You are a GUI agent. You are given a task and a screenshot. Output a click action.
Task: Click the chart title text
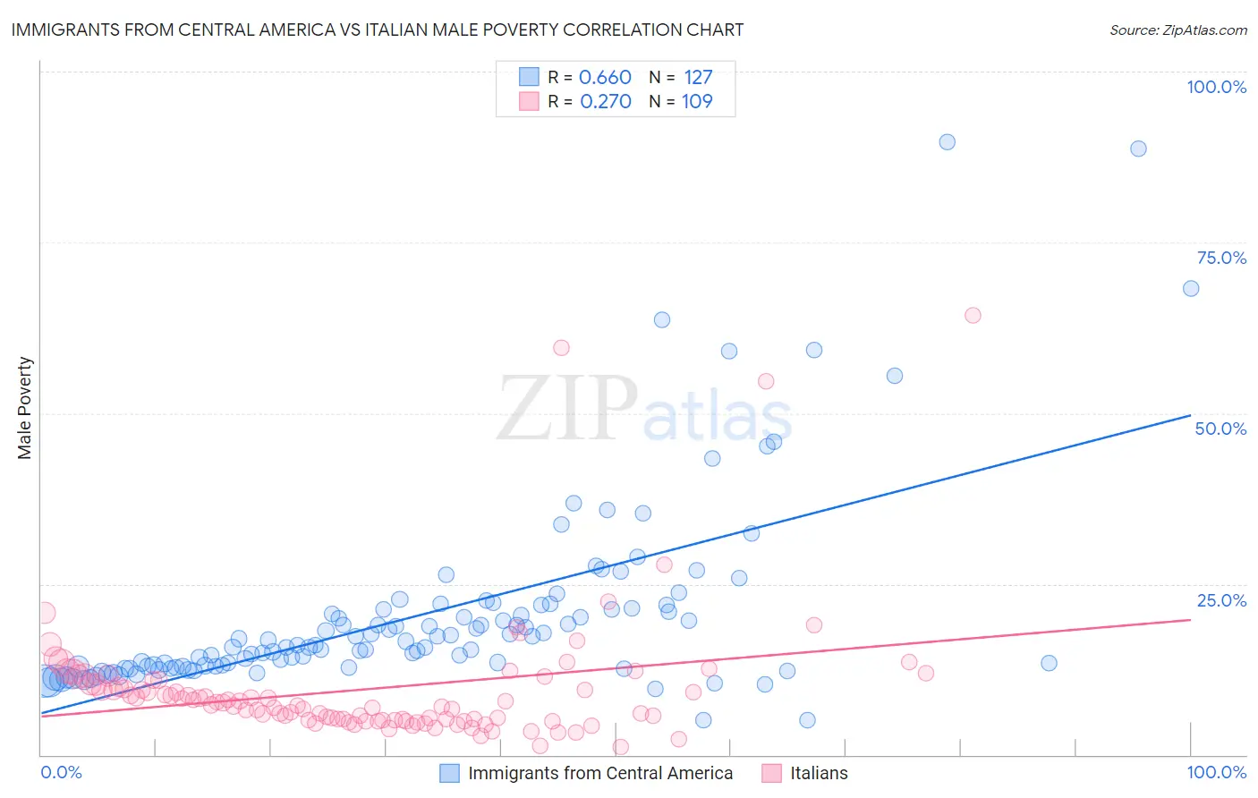tap(377, 30)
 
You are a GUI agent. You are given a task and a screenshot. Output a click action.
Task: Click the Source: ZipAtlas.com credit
tap(1177, 30)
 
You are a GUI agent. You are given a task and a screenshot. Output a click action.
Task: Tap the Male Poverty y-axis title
tap(25, 408)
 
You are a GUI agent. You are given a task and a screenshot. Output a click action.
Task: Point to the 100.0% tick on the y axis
tap(1216, 87)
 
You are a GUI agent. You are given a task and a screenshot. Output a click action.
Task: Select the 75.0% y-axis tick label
tap(1221, 258)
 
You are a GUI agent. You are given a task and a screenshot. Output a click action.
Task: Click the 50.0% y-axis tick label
tap(1220, 429)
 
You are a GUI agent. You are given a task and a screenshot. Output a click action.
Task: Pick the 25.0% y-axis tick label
tap(1221, 600)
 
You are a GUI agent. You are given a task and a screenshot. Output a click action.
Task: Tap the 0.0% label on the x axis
tap(61, 772)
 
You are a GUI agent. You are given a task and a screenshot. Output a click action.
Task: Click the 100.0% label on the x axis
tap(1216, 772)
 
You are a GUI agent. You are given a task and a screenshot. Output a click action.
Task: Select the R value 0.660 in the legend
tap(605, 77)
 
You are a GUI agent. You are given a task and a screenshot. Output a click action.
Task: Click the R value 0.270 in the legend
tap(605, 101)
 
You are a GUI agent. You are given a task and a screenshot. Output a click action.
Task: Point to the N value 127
tap(698, 77)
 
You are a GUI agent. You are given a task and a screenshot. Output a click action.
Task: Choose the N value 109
tap(697, 101)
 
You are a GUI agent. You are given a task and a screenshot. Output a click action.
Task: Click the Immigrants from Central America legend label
tap(599, 773)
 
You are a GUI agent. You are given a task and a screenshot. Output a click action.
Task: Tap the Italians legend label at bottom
tap(819, 773)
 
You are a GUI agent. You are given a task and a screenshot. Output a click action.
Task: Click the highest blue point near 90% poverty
tap(947, 142)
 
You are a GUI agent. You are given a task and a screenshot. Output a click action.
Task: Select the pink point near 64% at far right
tap(973, 315)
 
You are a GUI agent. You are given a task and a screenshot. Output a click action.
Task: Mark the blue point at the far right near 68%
tap(1191, 288)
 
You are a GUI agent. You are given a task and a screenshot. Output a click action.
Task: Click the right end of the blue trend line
tap(1190, 415)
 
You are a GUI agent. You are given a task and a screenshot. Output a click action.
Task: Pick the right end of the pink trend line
tap(1190, 619)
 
